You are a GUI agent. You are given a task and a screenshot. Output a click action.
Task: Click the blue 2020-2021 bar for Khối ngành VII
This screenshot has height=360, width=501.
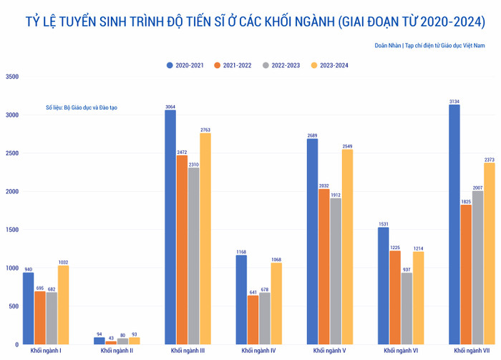pos(454,225)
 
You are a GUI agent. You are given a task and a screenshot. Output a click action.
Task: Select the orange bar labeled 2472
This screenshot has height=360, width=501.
pos(183,250)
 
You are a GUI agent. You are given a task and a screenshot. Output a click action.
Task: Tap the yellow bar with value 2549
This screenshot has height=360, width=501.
pos(347,247)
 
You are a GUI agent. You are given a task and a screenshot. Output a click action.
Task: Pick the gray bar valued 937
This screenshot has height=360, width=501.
pos(407,308)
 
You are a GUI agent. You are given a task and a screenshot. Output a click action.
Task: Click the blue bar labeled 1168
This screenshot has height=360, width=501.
pos(241,300)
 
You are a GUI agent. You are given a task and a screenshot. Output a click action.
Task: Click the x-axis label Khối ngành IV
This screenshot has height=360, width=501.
pos(258,351)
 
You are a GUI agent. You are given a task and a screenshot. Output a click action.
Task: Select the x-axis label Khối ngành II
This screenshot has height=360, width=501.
pos(117,351)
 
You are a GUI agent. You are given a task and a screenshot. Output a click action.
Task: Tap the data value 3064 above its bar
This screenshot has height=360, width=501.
pos(170,107)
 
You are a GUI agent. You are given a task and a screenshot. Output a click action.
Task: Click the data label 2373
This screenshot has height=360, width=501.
pos(490,160)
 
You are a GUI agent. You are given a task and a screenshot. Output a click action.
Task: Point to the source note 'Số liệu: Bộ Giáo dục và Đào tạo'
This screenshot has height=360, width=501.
pos(81,107)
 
